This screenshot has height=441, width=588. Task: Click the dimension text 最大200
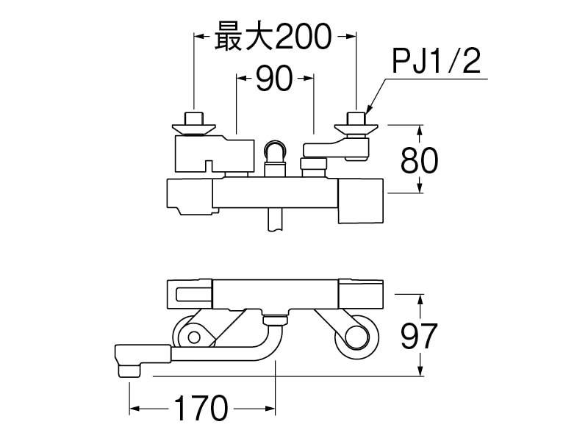(x=273, y=35)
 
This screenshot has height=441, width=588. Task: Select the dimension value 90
(x=273, y=79)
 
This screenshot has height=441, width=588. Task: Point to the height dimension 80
(x=420, y=159)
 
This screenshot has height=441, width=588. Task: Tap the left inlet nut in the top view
(x=194, y=121)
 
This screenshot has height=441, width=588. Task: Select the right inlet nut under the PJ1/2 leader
(x=356, y=122)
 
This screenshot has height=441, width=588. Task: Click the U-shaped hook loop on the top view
(x=275, y=151)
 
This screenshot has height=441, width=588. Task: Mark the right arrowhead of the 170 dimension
(x=269, y=409)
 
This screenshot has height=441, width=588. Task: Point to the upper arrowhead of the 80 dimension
(x=420, y=129)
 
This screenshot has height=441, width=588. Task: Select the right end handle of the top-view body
(x=360, y=200)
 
